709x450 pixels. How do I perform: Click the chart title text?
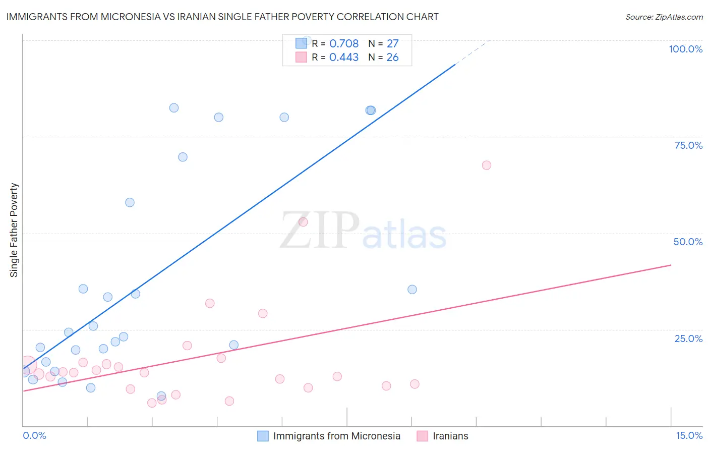[x=222, y=17]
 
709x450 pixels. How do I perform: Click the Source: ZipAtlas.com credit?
[x=664, y=17]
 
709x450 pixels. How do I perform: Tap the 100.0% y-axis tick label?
[x=685, y=49]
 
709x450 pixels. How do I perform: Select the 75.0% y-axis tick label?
[x=688, y=145]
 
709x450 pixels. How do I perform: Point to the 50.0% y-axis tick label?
[x=688, y=242]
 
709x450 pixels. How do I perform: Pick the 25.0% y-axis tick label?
[x=688, y=338]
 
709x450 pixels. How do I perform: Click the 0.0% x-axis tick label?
[x=34, y=435]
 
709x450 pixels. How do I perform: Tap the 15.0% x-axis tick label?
[x=689, y=435]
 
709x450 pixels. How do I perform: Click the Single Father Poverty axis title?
[x=14, y=230]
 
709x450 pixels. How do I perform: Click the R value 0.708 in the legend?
[x=344, y=43]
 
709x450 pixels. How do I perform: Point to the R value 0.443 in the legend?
[x=344, y=57]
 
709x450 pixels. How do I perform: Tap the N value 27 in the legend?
[x=392, y=43]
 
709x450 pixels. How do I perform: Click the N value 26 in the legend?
[x=392, y=57]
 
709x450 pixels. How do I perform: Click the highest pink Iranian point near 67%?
[x=486, y=165]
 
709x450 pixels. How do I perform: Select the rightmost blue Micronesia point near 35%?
[x=412, y=289]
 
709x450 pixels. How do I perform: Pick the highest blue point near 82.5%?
[x=174, y=107]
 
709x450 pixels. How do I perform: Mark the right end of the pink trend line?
[x=671, y=265]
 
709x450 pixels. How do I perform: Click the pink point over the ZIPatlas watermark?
[x=303, y=222]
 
